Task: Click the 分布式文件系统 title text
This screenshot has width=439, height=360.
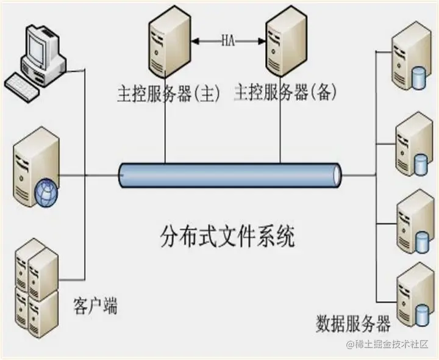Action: [x=227, y=236]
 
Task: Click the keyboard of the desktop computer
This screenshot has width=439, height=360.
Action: [x=23, y=83]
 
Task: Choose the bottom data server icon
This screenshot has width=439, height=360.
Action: [x=412, y=293]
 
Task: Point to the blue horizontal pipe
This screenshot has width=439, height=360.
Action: [x=229, y=175]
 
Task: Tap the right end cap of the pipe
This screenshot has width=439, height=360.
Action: [x=336, y=175]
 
